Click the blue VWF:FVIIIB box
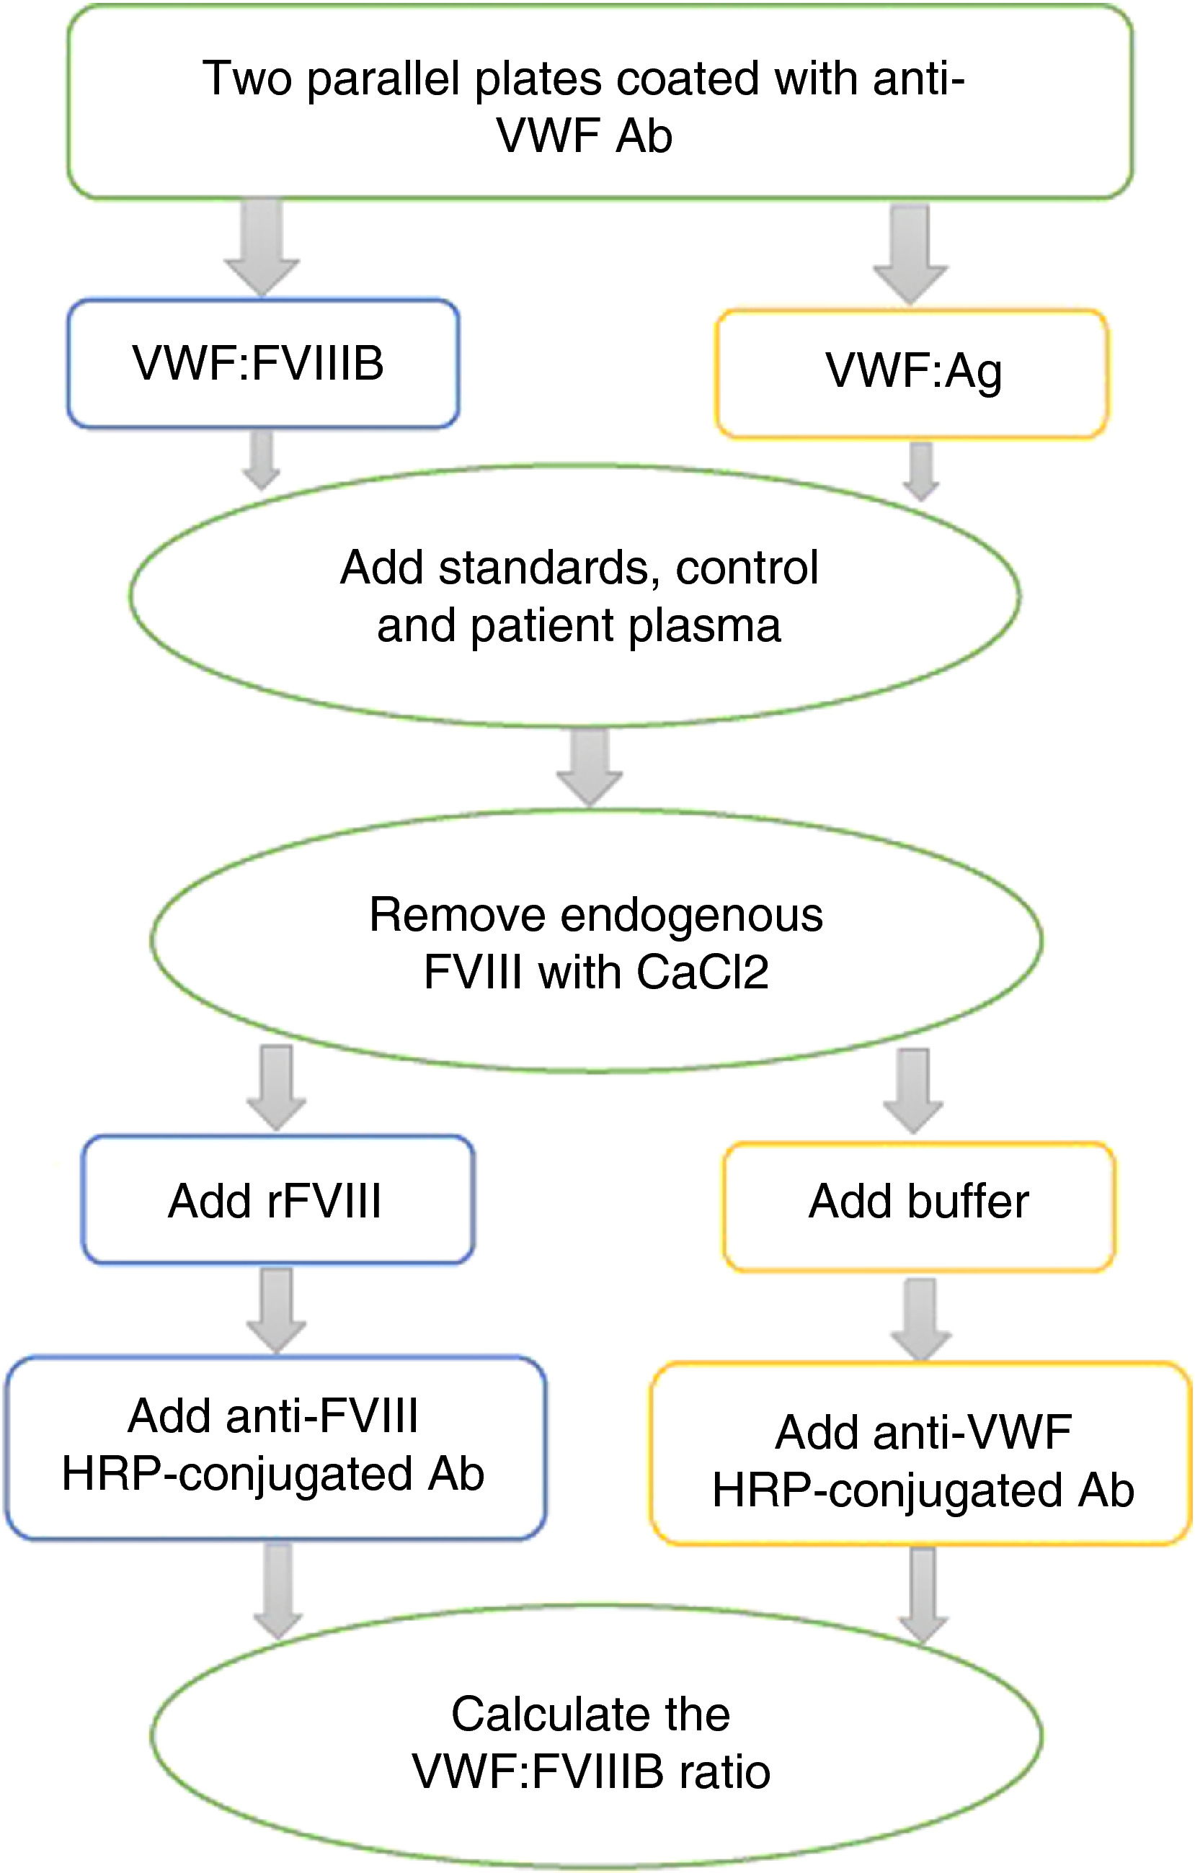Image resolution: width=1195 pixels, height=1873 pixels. pyautogui.click(x=263, y=363)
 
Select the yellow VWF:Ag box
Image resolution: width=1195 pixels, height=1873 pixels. pyautogui.click(x=912, y=373)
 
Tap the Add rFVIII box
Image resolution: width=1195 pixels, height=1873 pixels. pyautogui.click(x=277, y=1199)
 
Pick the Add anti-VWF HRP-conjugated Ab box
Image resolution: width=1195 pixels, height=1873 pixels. pyautogui.click(x=922, y=1454)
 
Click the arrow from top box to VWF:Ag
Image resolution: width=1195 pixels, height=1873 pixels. pyautogui.click(x=910, y=254)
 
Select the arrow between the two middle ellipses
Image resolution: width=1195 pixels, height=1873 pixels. pyautogui.click(x=589, y=767)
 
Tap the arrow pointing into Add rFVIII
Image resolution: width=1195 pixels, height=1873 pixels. pyautogui.click(x=276, y=1087)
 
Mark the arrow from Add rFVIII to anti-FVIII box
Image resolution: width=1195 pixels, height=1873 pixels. pyautogui.click(x=276, y=1310)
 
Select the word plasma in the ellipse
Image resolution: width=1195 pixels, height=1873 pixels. pyautogui.click(x=705, y=627)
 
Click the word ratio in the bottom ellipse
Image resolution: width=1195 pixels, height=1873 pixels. pyautogui.click(x=725, y=1772)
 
